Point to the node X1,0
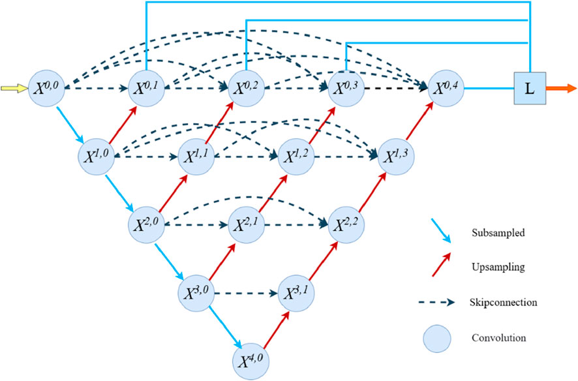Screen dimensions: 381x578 (x=97, y=157)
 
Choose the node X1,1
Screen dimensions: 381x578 (x=196, y=157)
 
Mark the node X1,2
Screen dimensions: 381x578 (x=296, y=157)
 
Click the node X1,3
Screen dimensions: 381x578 (x=395, y=157)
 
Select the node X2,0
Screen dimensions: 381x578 (x=147, y=225)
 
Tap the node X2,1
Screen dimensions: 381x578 (x=246, y=225)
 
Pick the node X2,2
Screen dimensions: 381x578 (x=346, y=225)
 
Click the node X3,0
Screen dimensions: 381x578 (x=196, y=293)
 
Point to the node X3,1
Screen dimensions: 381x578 (x=296, y=293)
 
